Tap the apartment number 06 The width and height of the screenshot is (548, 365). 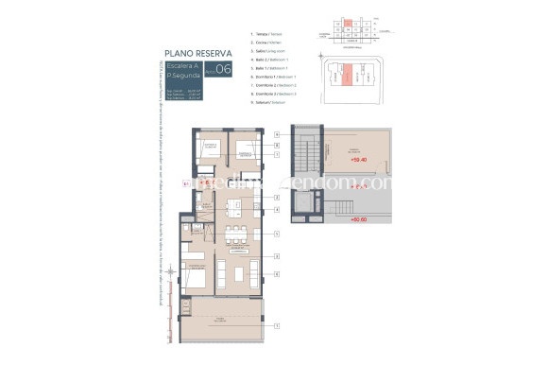[x=223, y=68]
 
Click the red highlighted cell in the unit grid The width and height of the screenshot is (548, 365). [x=348, y=21]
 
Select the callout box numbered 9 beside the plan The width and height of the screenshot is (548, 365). [x=277, y=135]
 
